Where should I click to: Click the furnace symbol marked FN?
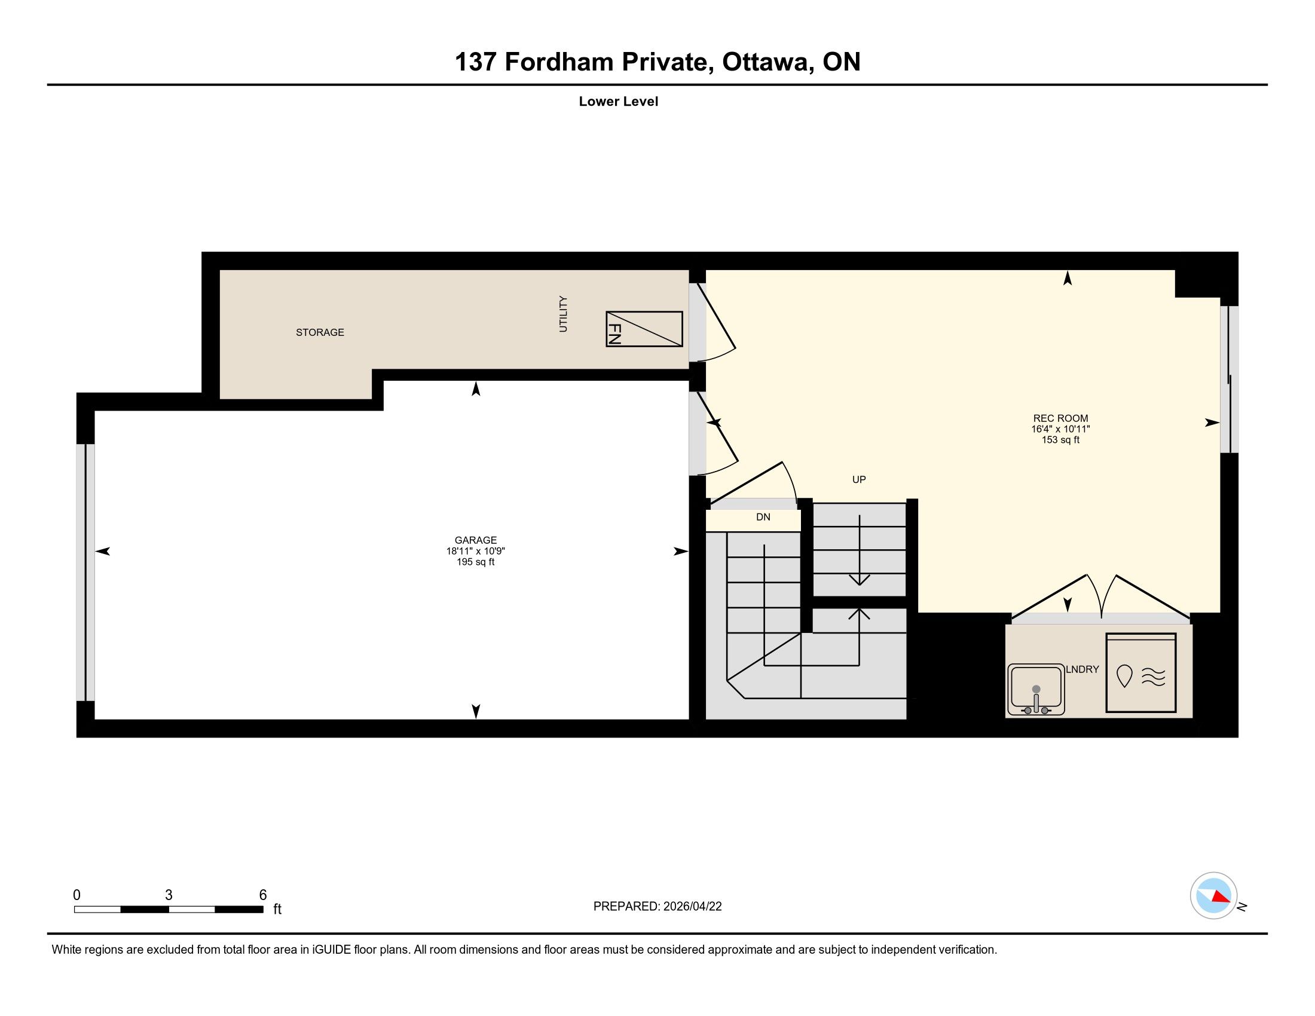coord(644,329)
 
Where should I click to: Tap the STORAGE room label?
coord(320,332)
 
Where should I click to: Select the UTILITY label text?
coord(563,314)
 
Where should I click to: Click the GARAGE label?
coord(476,540)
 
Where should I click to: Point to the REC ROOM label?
coord(1060,418)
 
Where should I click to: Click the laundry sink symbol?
coord(1036,689)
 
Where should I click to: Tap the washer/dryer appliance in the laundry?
coord(1140,672)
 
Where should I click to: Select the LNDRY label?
coord(1082,669)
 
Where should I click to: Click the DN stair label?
coord(763,517)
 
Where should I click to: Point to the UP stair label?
coord(858,480)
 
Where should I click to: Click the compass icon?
coord(1213,895)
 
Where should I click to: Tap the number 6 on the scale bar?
coord(262,895)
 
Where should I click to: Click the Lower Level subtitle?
coord(619,102)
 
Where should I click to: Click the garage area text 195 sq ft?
coord(476,562)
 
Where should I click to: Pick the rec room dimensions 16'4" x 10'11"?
coord(1060,429)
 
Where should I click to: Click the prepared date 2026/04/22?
coord(692,907)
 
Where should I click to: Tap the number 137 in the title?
coord(475,62)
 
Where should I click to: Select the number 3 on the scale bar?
coord(169,895)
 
